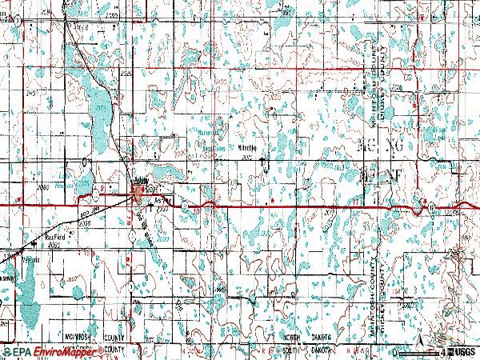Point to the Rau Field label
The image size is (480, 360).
point(54,237)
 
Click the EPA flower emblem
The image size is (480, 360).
point(6,351)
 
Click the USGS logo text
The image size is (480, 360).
point(463,351)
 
